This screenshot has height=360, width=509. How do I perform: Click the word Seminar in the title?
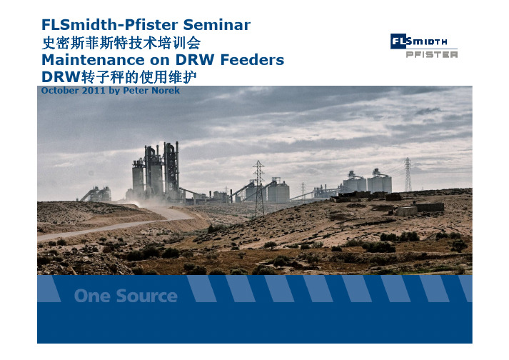pyautogui.click(x=216, y=25)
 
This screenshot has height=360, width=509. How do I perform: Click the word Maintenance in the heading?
pyautogui.click(x=93, y=60)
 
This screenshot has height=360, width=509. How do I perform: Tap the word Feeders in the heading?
pyautogui.click(x=252, y=60)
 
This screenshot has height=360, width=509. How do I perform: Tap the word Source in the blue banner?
pyautogui.click(x=147, y=296)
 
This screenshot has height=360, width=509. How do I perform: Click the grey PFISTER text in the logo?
pyautogui.click(x=432, y=54)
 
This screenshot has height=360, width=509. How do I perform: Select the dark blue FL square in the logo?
pyautogui.click(x=398, y=41)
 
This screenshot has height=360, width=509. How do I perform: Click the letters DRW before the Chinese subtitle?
pyautogui.click(x=61, y=77)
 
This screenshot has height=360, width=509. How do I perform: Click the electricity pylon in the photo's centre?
pyautogui.click(x=259, y=188)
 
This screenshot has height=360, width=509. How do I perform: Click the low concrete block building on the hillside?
pyautogui.click(x=429, y=207)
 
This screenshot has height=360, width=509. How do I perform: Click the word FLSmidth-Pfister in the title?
pyautogui.click(x=110, y=25)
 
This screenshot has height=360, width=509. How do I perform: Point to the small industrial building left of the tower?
pyautogui.click(x=96, y=194)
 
